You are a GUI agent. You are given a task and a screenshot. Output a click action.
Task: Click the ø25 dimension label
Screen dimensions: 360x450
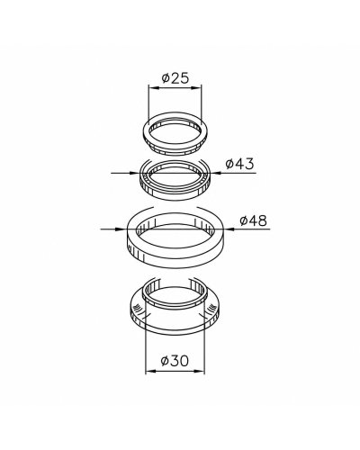point(175,78)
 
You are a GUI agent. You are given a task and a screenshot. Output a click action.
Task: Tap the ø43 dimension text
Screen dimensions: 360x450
point(240,164)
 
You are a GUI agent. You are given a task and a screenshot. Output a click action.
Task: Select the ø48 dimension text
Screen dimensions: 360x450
point(253,220)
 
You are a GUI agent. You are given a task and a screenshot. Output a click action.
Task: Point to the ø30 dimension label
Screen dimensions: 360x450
point(175,361)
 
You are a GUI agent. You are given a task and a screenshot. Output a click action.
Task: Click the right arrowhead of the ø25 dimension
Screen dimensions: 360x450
point(197,88)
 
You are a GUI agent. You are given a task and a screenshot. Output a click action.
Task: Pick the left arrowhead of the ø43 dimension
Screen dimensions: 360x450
point(136,173)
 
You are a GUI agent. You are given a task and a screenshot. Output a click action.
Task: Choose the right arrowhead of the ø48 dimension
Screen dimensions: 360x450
point(229,229)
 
